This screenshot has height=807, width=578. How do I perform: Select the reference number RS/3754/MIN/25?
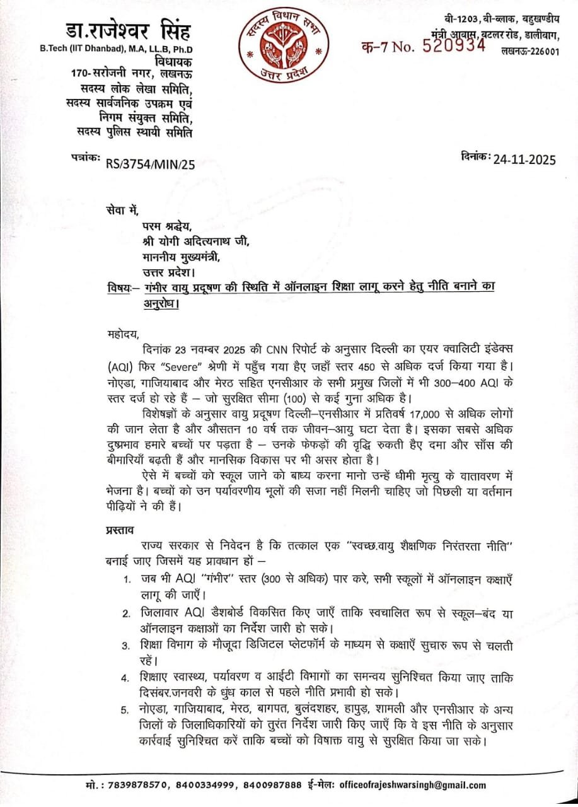pos(151,165)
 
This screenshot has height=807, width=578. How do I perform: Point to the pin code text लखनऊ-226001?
pos(529,51)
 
